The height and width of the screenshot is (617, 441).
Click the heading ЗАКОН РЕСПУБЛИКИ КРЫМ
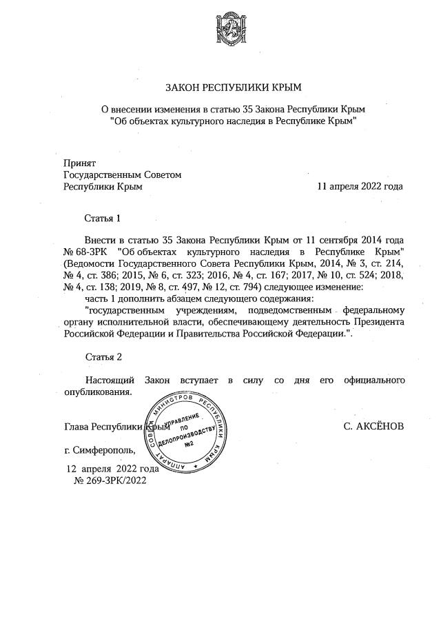point(233,88)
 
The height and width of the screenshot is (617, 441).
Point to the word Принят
point(79,163)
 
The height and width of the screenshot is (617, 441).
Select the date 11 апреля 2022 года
point(360,187)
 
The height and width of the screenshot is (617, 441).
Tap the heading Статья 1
point(103,218)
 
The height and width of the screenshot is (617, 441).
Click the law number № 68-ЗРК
point(86,252)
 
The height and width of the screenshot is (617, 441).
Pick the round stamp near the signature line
point(185,434)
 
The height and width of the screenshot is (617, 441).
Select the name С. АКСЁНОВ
point(373,426)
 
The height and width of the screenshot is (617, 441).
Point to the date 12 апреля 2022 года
point(112,469)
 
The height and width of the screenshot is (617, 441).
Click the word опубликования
point(97,392)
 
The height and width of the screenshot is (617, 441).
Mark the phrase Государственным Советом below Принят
point(122,174)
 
